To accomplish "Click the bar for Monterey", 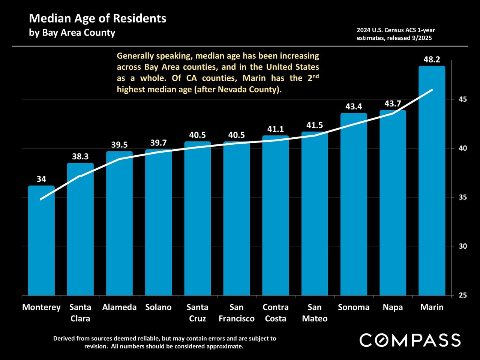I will [x=41, y=240].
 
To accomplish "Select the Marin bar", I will [x=432, y=180].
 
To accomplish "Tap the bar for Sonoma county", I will [x=354, y=204].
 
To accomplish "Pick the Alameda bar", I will [x=119, y=223].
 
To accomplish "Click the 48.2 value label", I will [x=432, y=60].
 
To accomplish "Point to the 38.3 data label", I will [x=80, y=157].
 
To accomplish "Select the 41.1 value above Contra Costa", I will [x=276, y=129].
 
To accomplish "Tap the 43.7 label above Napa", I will [x=393, y=104].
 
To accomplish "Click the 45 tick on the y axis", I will [x=462, y=99].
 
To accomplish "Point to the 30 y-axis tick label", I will [x=462, y=246].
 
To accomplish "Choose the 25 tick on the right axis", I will [x=462, y=295].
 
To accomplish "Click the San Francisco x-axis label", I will [x=237, y=313].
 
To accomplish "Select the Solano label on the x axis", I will [x=158, y=307].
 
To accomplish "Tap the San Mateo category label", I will [x=315, y=313].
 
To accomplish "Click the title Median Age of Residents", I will [x=97, y=18].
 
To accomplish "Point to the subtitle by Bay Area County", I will [x=72, y=33].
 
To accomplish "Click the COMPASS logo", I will [x=410, y=340].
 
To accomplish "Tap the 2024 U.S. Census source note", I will [x=396, y=34].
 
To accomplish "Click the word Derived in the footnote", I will [x=65, y=338].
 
